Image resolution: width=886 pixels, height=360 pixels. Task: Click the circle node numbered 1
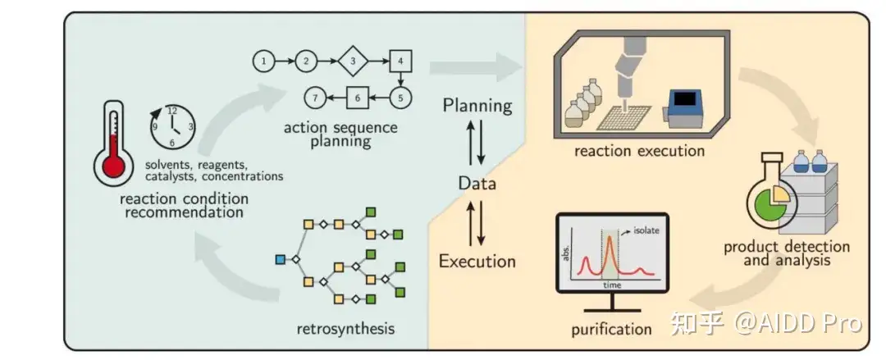(x=263, y=61)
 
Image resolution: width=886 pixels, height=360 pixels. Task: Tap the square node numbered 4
(x=400, y=61)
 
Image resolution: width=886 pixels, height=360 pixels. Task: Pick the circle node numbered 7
(x=314, y=98)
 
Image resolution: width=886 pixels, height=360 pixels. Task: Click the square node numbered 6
(x=357, y=98)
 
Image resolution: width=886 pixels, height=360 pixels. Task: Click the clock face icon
(x=171, y=127)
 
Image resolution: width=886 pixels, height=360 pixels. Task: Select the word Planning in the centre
(x=477, y=106)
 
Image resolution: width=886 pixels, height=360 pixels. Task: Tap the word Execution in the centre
(x=477, y=262)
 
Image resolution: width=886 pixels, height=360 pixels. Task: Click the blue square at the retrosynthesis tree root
(x=281, y=260)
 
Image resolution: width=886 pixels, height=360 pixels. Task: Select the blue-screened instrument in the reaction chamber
(x=686, y=107)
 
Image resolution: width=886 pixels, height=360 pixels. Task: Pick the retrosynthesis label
(x=345, y=330)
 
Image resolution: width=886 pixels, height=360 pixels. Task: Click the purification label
(x=612, y=330)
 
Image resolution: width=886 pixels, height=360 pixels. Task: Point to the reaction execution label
(x=639, y=150)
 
